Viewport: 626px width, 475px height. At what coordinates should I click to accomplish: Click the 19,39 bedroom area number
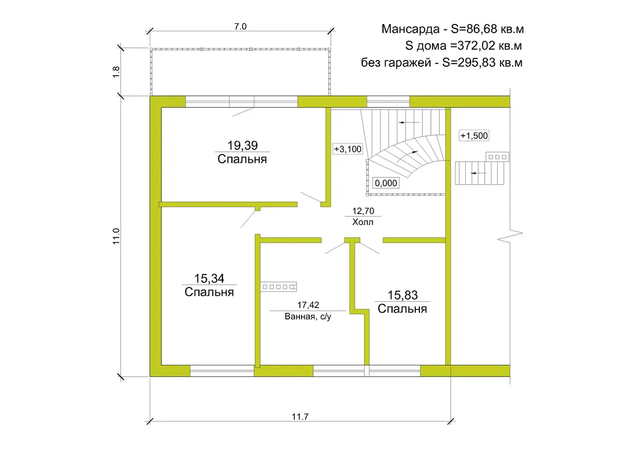243,146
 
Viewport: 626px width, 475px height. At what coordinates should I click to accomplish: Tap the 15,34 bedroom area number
209,279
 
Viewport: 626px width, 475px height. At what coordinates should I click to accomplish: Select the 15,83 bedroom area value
402,295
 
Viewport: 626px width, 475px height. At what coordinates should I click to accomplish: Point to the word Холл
363,222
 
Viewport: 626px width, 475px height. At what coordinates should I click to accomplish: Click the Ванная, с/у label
308,316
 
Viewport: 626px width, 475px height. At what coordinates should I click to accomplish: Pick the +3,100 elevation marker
347,149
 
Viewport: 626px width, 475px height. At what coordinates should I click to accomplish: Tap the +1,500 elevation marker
474,136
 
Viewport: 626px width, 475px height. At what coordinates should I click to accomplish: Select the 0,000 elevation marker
386,183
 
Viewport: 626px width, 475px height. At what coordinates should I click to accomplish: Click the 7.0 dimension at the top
240,27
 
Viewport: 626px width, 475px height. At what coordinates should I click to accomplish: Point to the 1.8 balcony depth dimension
116,72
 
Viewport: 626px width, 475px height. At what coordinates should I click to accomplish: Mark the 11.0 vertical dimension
116,236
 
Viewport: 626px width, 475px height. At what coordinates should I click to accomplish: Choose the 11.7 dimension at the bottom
300,417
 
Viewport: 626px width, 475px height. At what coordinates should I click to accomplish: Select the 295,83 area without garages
476,63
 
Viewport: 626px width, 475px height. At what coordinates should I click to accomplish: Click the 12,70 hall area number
363,211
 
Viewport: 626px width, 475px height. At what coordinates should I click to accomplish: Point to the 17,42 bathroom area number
308,305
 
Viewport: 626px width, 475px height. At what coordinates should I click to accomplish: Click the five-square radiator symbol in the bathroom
279,287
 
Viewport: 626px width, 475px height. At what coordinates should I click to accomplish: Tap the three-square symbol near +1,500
497,157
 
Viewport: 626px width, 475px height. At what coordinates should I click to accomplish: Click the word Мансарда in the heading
411,29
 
